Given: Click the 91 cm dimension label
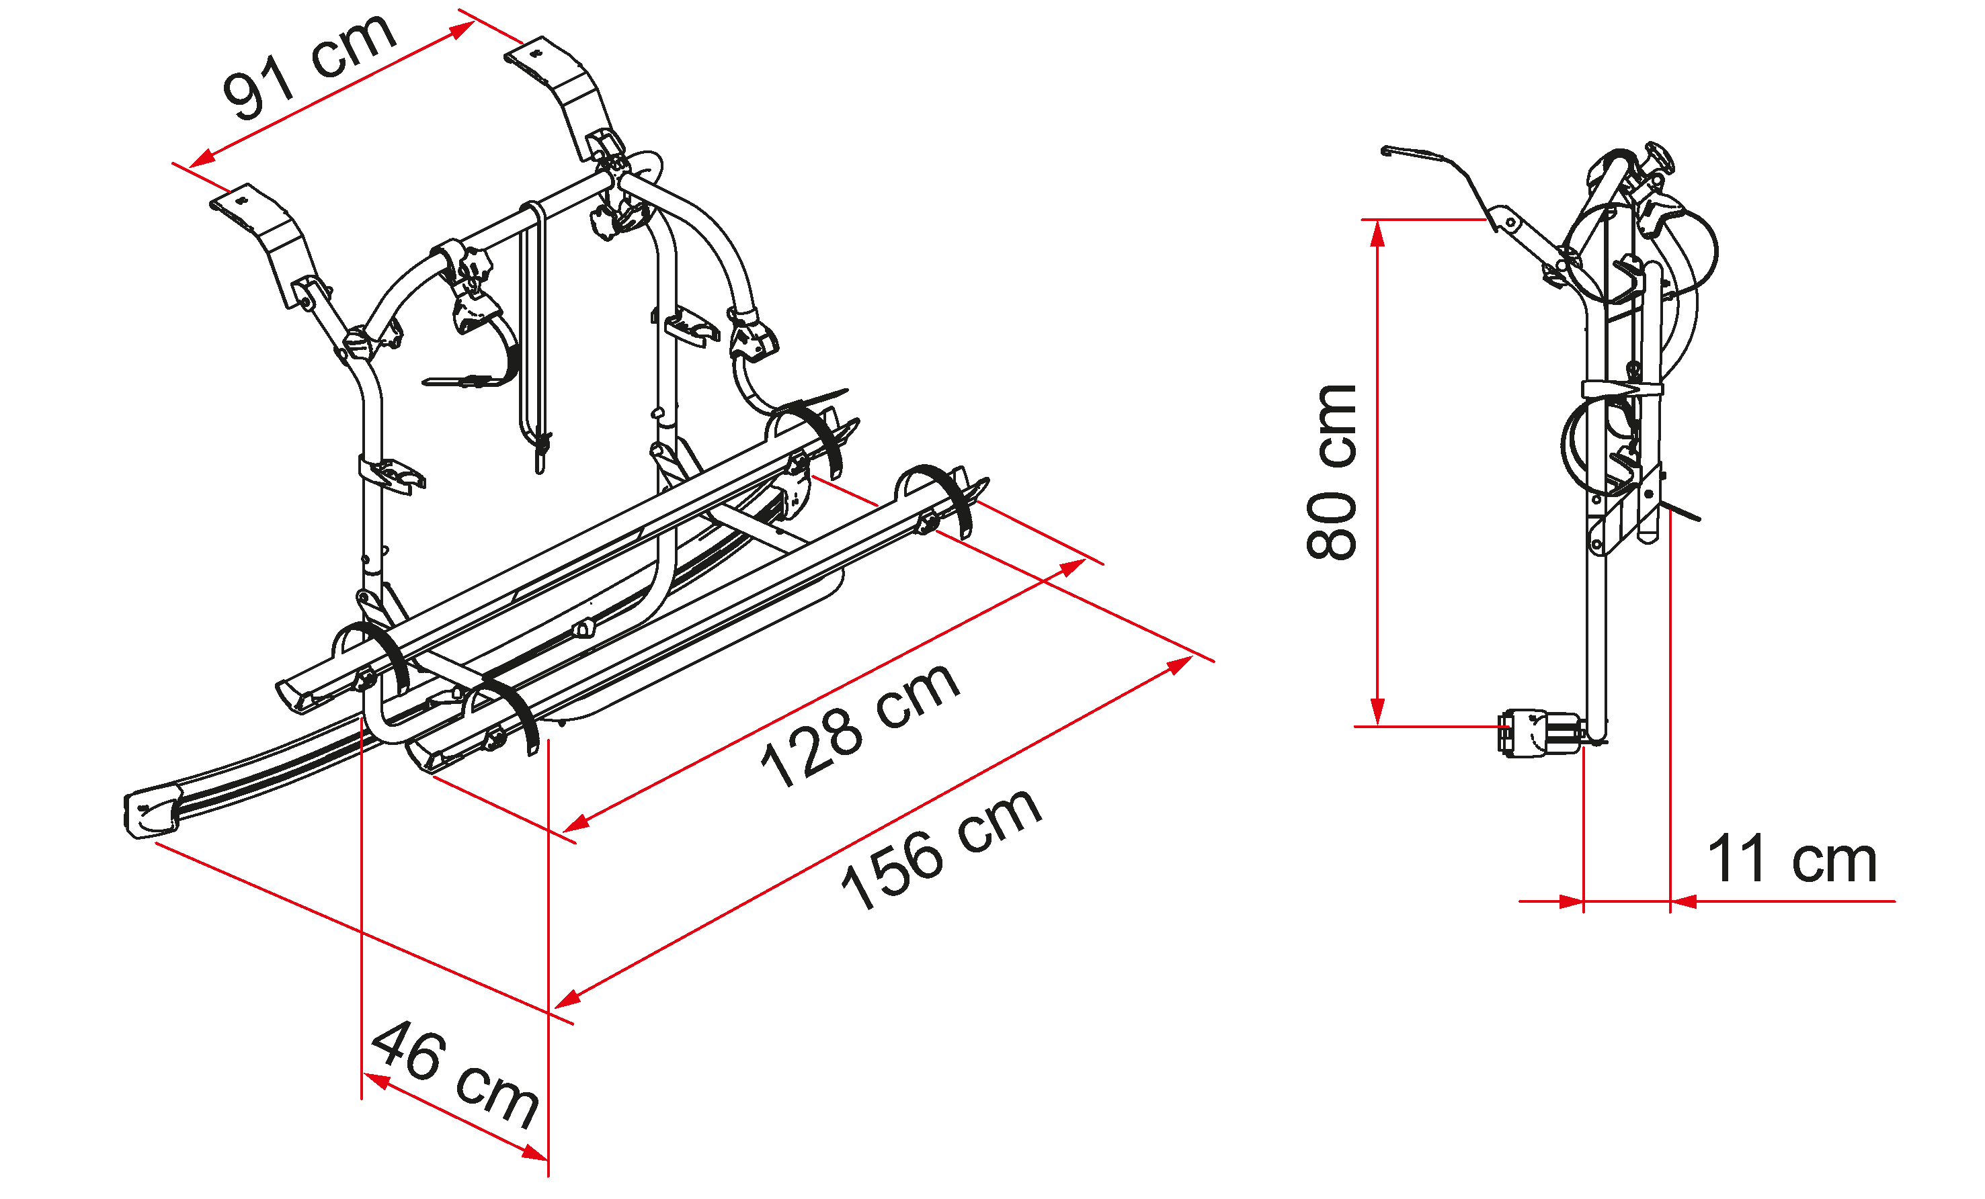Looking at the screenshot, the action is coord(309,66).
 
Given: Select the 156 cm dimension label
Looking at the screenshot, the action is coord(941,848).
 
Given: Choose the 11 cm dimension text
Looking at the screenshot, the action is coord(1793,858).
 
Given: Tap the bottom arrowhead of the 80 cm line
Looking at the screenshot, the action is coord(1379,712).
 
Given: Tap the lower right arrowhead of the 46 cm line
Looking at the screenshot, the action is coord(534,1153).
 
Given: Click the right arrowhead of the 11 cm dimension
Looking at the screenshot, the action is coord(1685,902).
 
